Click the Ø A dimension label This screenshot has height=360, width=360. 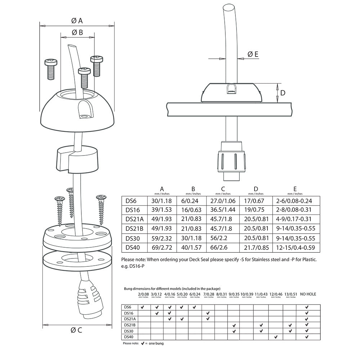pos(77,21)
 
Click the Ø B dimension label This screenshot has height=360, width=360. pos(77,32)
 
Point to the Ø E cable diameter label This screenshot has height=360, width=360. pos(253,54)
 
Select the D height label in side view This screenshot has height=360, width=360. pos(283,93)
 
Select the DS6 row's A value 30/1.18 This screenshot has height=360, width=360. pos(162,201)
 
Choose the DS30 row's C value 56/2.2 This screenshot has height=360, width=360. pos(223,238)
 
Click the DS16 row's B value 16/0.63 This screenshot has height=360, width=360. pos(193,210)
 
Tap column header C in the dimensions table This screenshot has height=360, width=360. pos(223,189)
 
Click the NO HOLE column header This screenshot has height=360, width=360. pos(308,294)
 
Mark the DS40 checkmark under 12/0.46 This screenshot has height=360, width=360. pos(276,337)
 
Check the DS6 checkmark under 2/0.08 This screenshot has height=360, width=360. pos(143,307)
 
